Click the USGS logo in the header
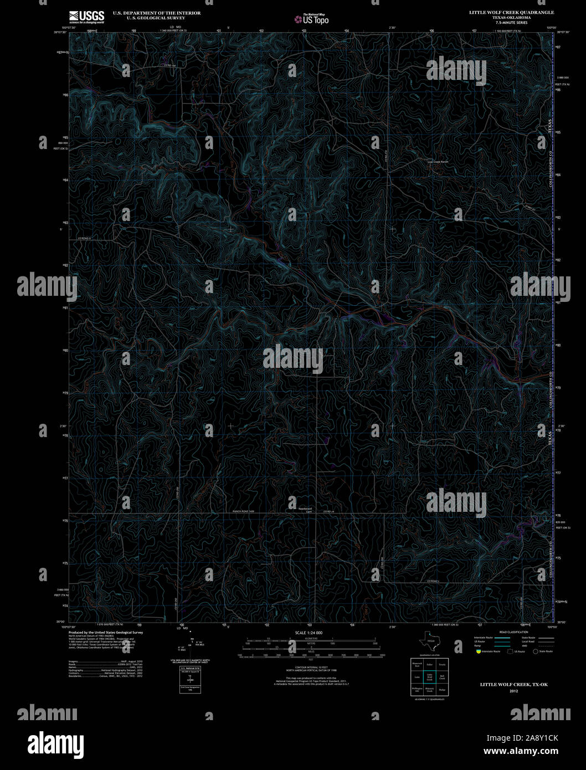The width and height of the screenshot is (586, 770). pyautogui.click(x=87, y=17)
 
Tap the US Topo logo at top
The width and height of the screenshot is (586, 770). pyautogui.click(x=312, y=19)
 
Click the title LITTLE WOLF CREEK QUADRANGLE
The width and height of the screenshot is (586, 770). pyautogui.click(x=511, y=12)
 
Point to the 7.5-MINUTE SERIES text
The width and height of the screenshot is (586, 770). pyautogui.click(x=511, y=23)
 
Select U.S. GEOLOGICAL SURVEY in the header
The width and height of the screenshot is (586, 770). pyautogui.click(x=156, y=18)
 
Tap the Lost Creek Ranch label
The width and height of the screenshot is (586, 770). pyautogui.click(x=438, y=162)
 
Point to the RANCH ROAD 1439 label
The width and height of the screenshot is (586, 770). pyautogui.click(x=243, y=512)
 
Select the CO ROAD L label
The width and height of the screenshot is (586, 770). pyautogui.click(x=433, y=581)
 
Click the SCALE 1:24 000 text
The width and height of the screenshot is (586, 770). pyautogui.click(x=309, y=633)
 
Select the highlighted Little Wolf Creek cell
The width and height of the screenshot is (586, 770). pyautogui.click(x=429, y=677)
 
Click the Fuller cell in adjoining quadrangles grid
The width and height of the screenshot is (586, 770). pyautogui.click(x=429, y=664)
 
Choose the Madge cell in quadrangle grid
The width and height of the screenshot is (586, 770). pyautogui.click(x=442, y=690)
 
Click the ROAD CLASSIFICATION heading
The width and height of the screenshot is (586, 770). pyautogui.click(x=513, y=632)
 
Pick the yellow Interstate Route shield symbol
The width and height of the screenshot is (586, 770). pyautogui.click(x=477, y=651)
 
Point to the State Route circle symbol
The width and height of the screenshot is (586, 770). pyautogui.click(x=535, y=651)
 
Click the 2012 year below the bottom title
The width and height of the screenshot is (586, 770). pyautogui.click(x=513, y=691)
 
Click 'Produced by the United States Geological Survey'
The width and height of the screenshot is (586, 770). pyautogui.click(x=105, y=632)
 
